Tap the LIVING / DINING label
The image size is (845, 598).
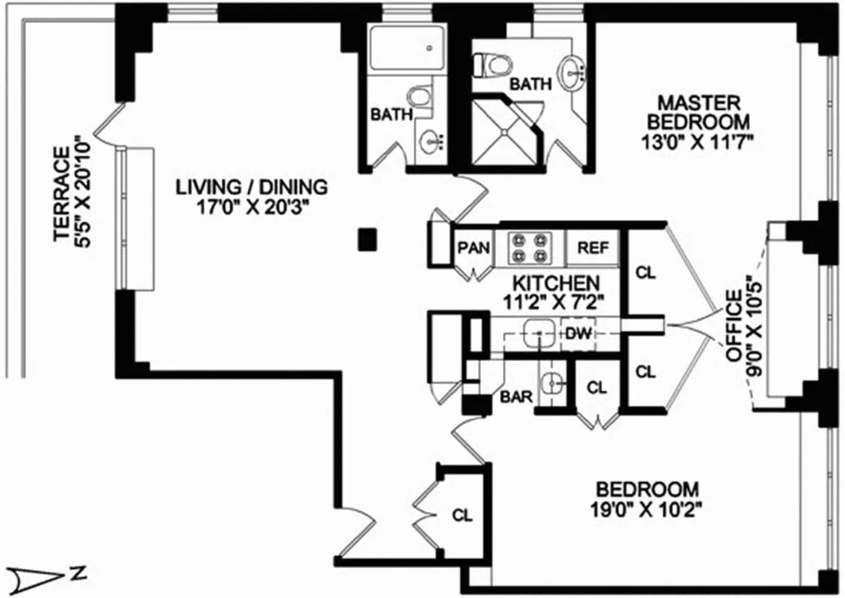252,185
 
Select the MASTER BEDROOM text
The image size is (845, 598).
698,111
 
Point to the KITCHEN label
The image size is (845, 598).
555,283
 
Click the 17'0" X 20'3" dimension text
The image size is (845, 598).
252,207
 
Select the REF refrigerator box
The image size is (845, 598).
593,248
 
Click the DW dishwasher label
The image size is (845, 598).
576,333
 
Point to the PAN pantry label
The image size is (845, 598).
473,248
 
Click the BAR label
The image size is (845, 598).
516,397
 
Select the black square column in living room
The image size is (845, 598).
366,239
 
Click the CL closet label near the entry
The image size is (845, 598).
463,515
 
